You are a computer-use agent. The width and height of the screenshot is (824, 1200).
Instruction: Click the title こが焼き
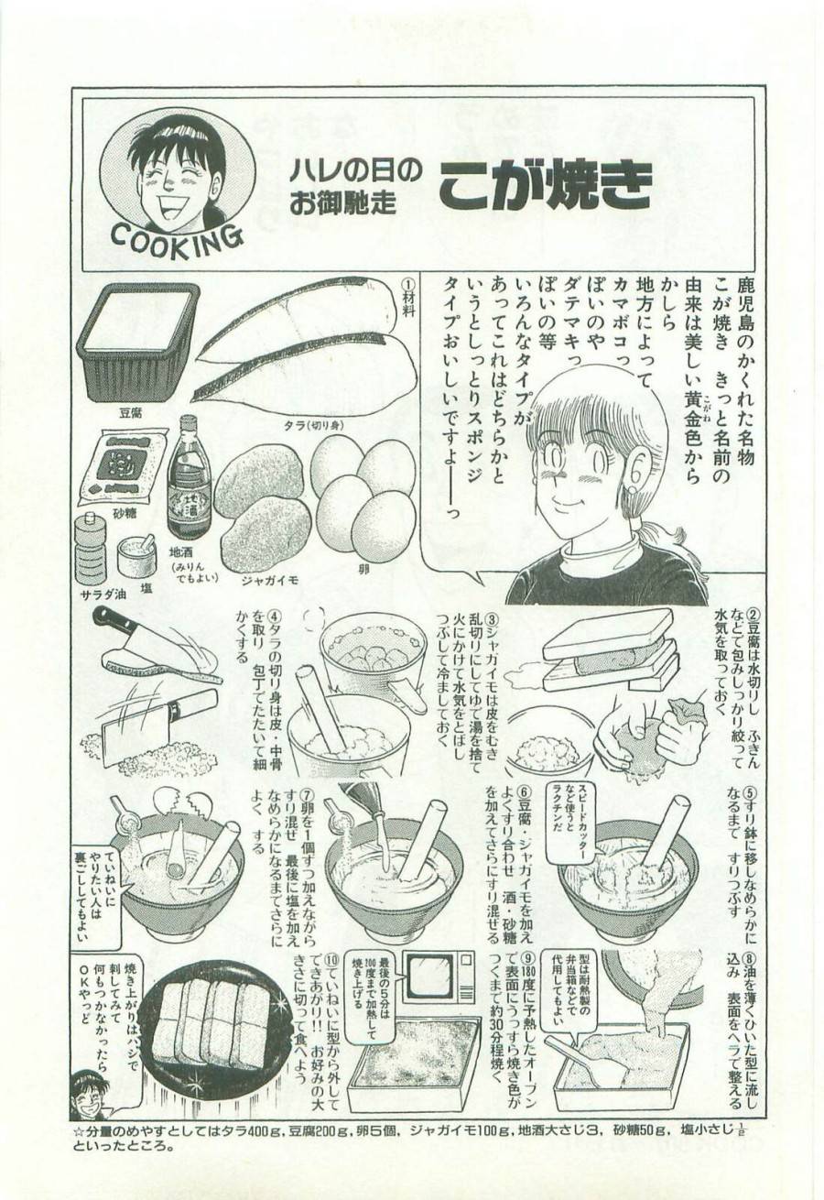pos(544,185)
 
